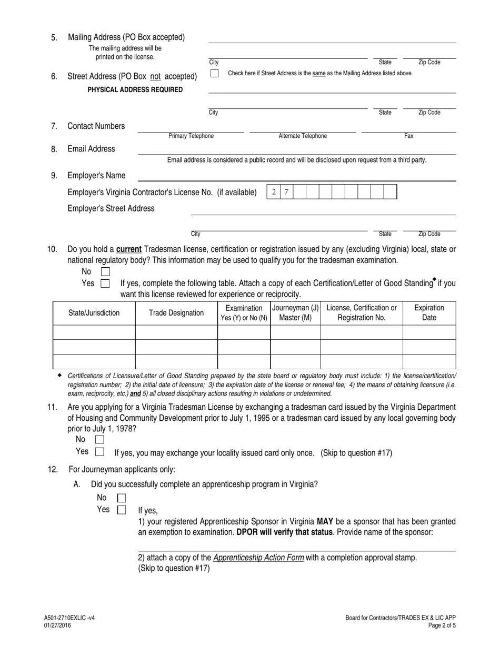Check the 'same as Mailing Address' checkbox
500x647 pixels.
tap(214, 74)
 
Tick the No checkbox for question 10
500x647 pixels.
tap(105, 272)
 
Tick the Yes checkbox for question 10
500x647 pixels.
tap(105, 284)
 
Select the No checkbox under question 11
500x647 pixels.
tap(99, 439)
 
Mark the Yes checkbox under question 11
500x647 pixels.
tap(99, 451)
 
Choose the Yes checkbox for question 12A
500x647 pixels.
tap(122, 510)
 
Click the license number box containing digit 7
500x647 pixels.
tap(286, 192)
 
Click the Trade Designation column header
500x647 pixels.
tap(176, 313)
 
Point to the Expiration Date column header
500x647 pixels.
tap(429, 312)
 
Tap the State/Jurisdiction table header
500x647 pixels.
tap(94, 313)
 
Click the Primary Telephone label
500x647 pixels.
tap(191, 136)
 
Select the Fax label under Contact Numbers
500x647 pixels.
tap(408, 136)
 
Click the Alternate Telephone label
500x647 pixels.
tap(303, 136)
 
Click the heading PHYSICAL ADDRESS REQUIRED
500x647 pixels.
tap(135, 90)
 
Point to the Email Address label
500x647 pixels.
tap(91, 149)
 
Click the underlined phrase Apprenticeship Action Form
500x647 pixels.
tap(258, 558)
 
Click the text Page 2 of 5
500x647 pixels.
tap(442, 625)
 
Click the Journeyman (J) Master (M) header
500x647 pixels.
tap(295, 312)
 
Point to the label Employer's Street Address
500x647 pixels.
tap(111, 208)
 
